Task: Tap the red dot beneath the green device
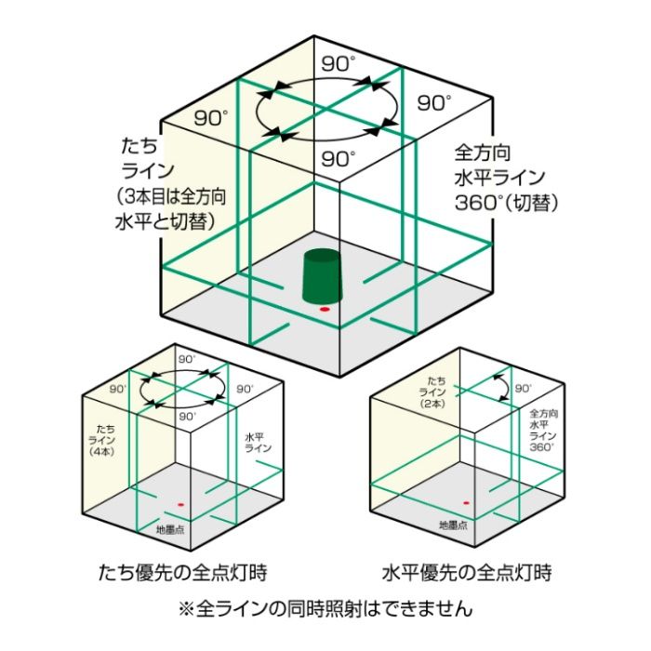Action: click(x=325, y=310)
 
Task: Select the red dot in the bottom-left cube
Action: click(x=180, y=505)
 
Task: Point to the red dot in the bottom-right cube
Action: click(x=466, y=503)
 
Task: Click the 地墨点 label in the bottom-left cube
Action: click(x=170, y=530)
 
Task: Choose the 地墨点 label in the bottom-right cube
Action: click(x=454, y=525)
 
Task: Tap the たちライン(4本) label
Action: click(x=101, y=441)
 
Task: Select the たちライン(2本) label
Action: click(x=432, y=392)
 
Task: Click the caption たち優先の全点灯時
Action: click(x=182, y=573)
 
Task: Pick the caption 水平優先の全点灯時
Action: click(x=467, y=573)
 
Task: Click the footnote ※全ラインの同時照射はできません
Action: click(x=325, y=608)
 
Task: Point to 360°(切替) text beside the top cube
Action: click(x=507, y=204)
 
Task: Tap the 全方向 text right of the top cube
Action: click(x=483, y=153)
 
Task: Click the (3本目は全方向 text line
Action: click(x=171, y=197)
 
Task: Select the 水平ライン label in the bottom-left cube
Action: click(x=258, y=443)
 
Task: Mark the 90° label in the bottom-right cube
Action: click(x=523, y=389)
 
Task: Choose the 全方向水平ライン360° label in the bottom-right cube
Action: click(x=543, y=430)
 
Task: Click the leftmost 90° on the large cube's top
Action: click(x=211, y=118)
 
